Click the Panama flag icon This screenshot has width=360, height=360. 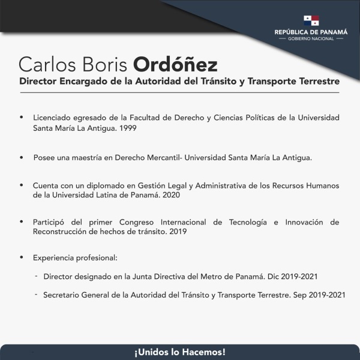click(x=311, y=20)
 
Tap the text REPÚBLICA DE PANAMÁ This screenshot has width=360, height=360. click(x=311, y=31)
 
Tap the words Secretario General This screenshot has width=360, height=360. click(x=74, y=296)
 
